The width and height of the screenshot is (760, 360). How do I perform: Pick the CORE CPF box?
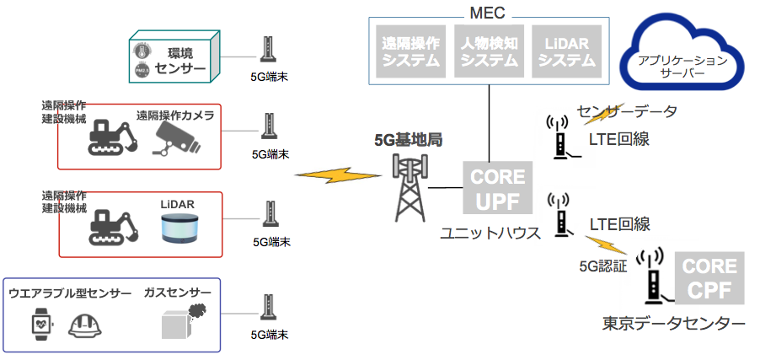point(709,279)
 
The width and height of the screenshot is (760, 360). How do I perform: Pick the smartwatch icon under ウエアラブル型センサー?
point(40,324)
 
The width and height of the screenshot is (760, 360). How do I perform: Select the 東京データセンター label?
point(673,324)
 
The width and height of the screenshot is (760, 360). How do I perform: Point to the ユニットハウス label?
point(490,234)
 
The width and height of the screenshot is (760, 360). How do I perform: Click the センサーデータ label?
point(627,110)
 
